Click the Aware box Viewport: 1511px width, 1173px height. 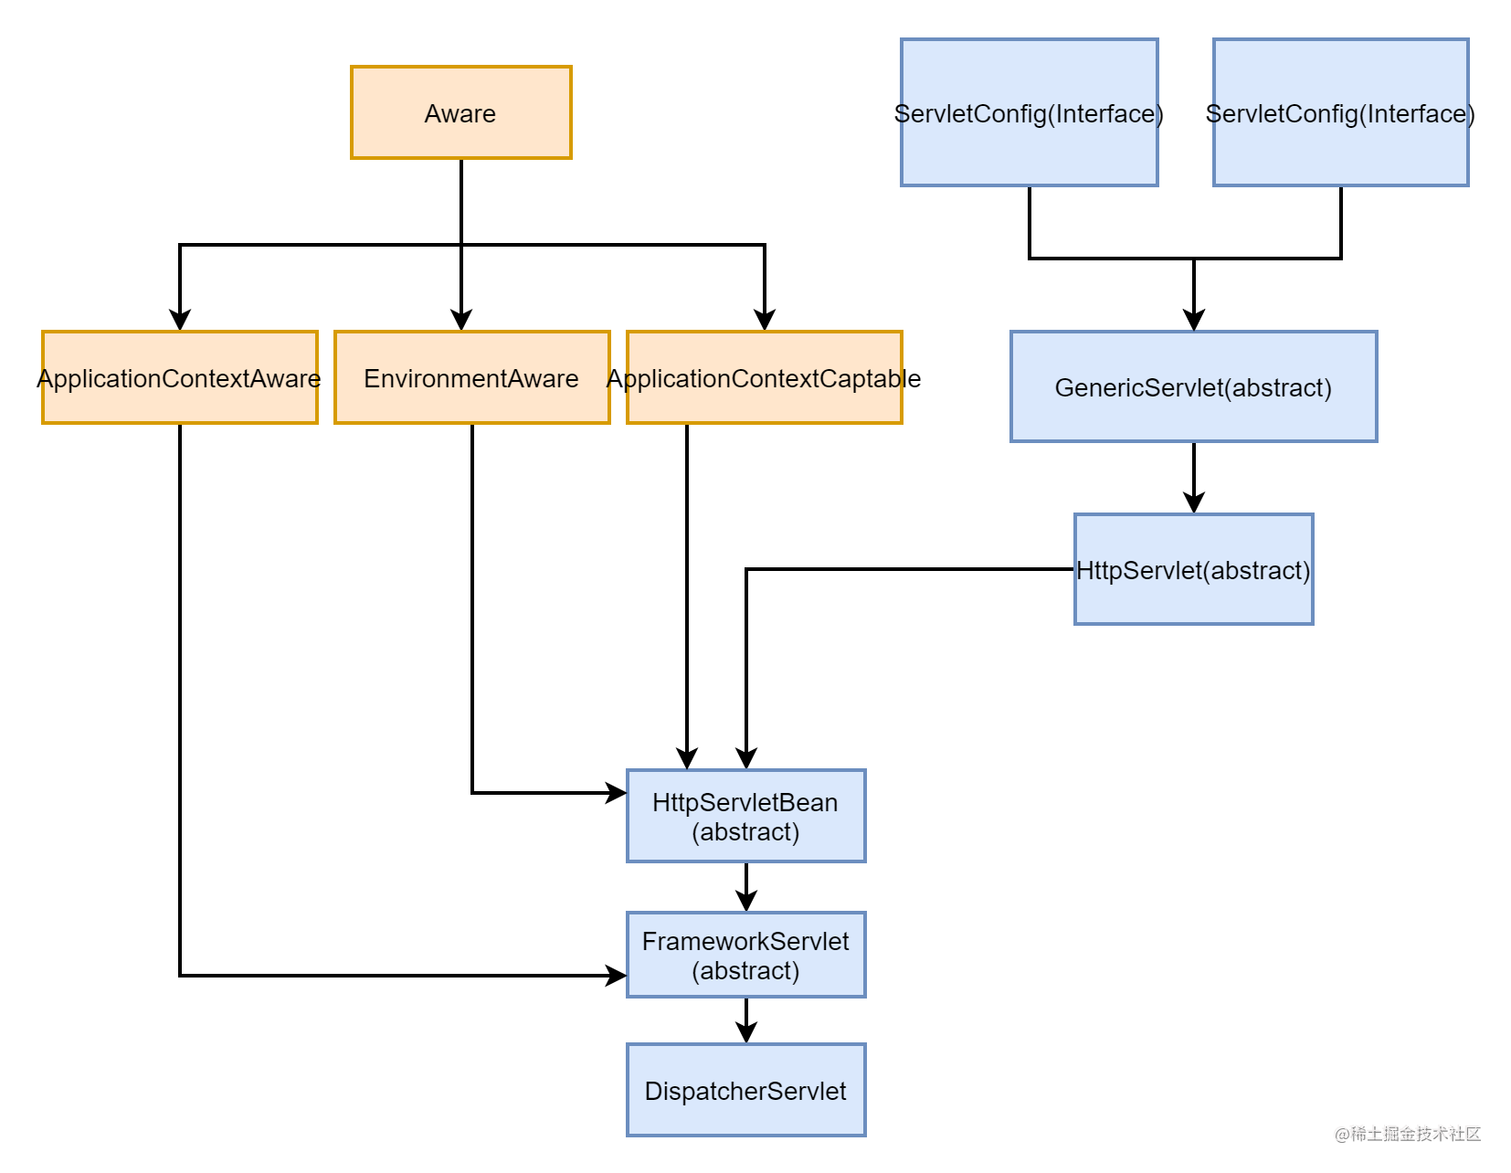click(460, 112)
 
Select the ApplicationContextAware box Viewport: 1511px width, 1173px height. click(179, 377)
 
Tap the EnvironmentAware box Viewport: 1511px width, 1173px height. click(471, 377)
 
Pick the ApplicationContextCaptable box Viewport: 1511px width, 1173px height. click(764, 377)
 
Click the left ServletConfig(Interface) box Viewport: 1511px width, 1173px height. click(1029, 112)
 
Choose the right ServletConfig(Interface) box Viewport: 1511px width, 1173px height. click(1340, 112)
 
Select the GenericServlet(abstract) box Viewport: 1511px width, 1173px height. click(1193, 386)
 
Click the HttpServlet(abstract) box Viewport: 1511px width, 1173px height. click(1193, 569)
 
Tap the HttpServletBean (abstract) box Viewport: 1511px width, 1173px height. click(745, 816)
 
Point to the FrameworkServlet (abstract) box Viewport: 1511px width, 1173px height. click(745, 955)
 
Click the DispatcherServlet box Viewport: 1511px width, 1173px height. click(745, 1090)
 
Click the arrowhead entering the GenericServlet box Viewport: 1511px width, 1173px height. click(1193, 321)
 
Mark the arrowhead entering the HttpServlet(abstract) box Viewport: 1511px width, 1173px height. click(1193, 503)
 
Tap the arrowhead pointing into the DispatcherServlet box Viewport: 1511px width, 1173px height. click(745, 1033)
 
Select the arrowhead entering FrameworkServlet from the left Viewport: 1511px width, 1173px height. click(617, 976)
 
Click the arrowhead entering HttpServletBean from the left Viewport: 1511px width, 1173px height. click(617, 793)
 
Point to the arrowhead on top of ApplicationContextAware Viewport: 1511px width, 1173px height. click(180, 321)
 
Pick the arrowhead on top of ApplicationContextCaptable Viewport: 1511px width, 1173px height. click(765, 321)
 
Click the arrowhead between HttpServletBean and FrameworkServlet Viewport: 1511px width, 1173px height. click(745, 902)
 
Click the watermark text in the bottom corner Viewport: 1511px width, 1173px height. click(1407, 1134)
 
